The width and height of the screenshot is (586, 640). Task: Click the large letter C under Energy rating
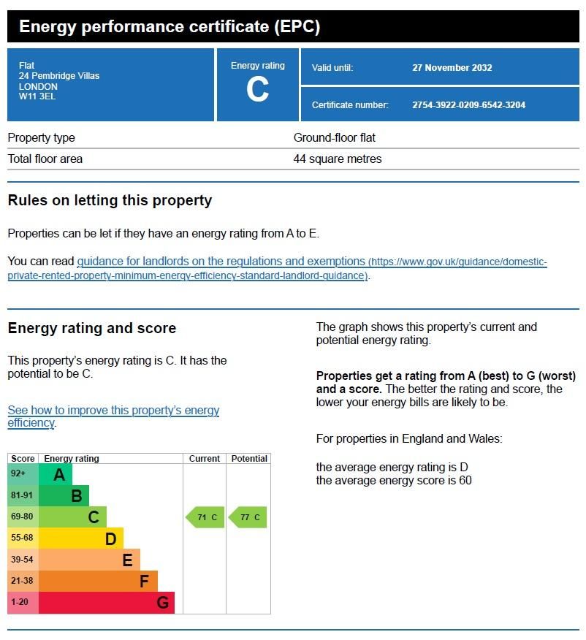(257, 90)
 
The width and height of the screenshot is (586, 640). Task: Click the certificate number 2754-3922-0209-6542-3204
(468, 105)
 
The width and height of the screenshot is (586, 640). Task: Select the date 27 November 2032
(452, 68)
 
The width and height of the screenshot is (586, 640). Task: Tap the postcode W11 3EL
(37, 96)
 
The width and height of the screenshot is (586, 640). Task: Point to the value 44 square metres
(337, 159)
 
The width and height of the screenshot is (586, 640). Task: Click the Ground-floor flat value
(334, 137)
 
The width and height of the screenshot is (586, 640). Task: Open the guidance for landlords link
(221, 262)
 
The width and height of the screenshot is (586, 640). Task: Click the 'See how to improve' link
(113, 411)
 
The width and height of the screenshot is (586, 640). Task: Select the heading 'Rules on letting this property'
(110, 200)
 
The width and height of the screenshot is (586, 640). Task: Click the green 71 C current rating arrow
(205, 517)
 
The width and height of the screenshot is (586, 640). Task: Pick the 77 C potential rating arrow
(248, 517)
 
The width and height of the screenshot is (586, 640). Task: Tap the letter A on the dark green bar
(59, 475)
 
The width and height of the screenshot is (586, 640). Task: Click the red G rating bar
(107, 603)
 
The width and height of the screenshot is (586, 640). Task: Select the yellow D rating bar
(80, 538)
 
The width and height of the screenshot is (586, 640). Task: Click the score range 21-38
(23, 581)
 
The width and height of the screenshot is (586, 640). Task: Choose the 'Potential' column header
(248, 459)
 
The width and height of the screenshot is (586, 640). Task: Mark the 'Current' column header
(205, 459)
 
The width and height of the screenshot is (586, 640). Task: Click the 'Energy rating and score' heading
(92, 328)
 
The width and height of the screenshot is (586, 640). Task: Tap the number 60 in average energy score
(465, 480)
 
